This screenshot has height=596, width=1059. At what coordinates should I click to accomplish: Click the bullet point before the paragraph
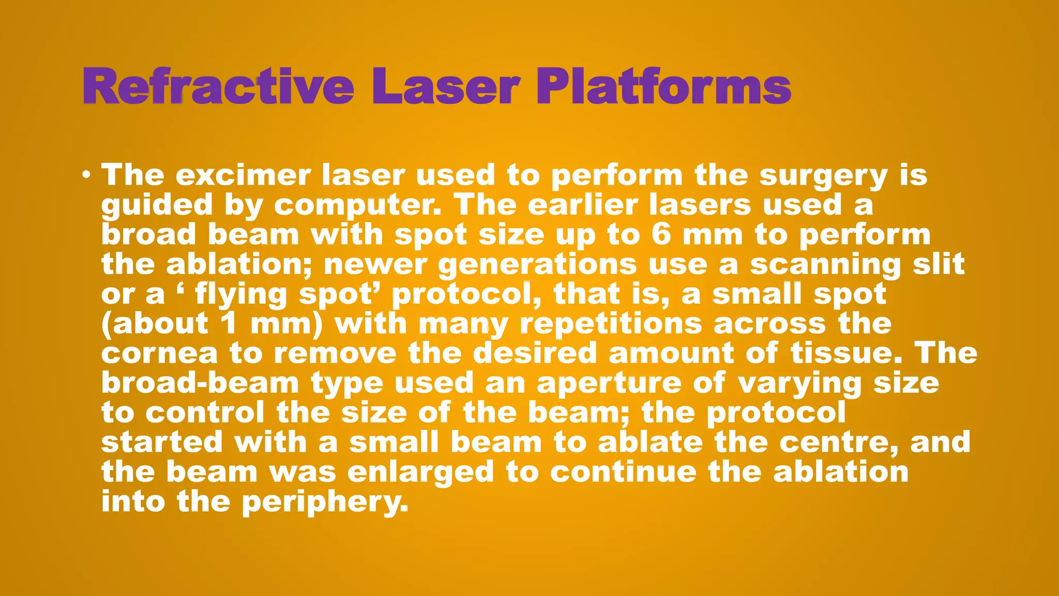click(x=86, y=175)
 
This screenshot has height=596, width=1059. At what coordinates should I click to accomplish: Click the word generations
click(x=537, y=265)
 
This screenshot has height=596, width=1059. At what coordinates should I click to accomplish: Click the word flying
click(x=240, y=295)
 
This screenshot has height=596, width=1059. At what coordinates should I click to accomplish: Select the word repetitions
click(x=611, y=324)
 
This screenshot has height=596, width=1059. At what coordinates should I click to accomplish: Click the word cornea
click(x=159, y=354)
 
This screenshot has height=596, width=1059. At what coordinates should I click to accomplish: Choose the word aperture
click(x=609, y=384)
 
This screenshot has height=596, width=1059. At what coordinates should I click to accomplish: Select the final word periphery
click(x=325, y=502)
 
